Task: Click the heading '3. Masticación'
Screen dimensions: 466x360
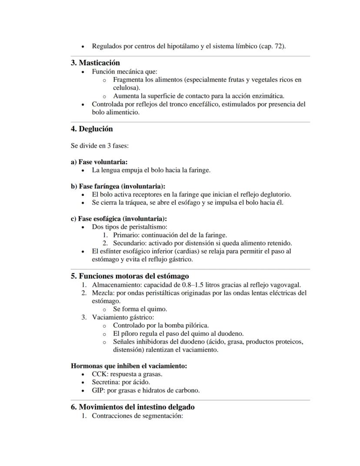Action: coord(95,63)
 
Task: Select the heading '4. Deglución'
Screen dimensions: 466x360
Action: coord(92,129)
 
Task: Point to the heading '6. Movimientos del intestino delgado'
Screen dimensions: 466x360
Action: coord(133,407)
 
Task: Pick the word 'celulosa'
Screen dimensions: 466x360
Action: coord(126,87)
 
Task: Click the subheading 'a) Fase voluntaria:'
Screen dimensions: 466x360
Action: coord(99,162)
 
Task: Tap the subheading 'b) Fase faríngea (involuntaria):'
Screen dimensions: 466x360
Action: coord(118,186)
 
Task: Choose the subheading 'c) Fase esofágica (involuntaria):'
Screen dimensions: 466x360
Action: coord(119,218)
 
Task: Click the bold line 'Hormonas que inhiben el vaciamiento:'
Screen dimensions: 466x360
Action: coord(129,366)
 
